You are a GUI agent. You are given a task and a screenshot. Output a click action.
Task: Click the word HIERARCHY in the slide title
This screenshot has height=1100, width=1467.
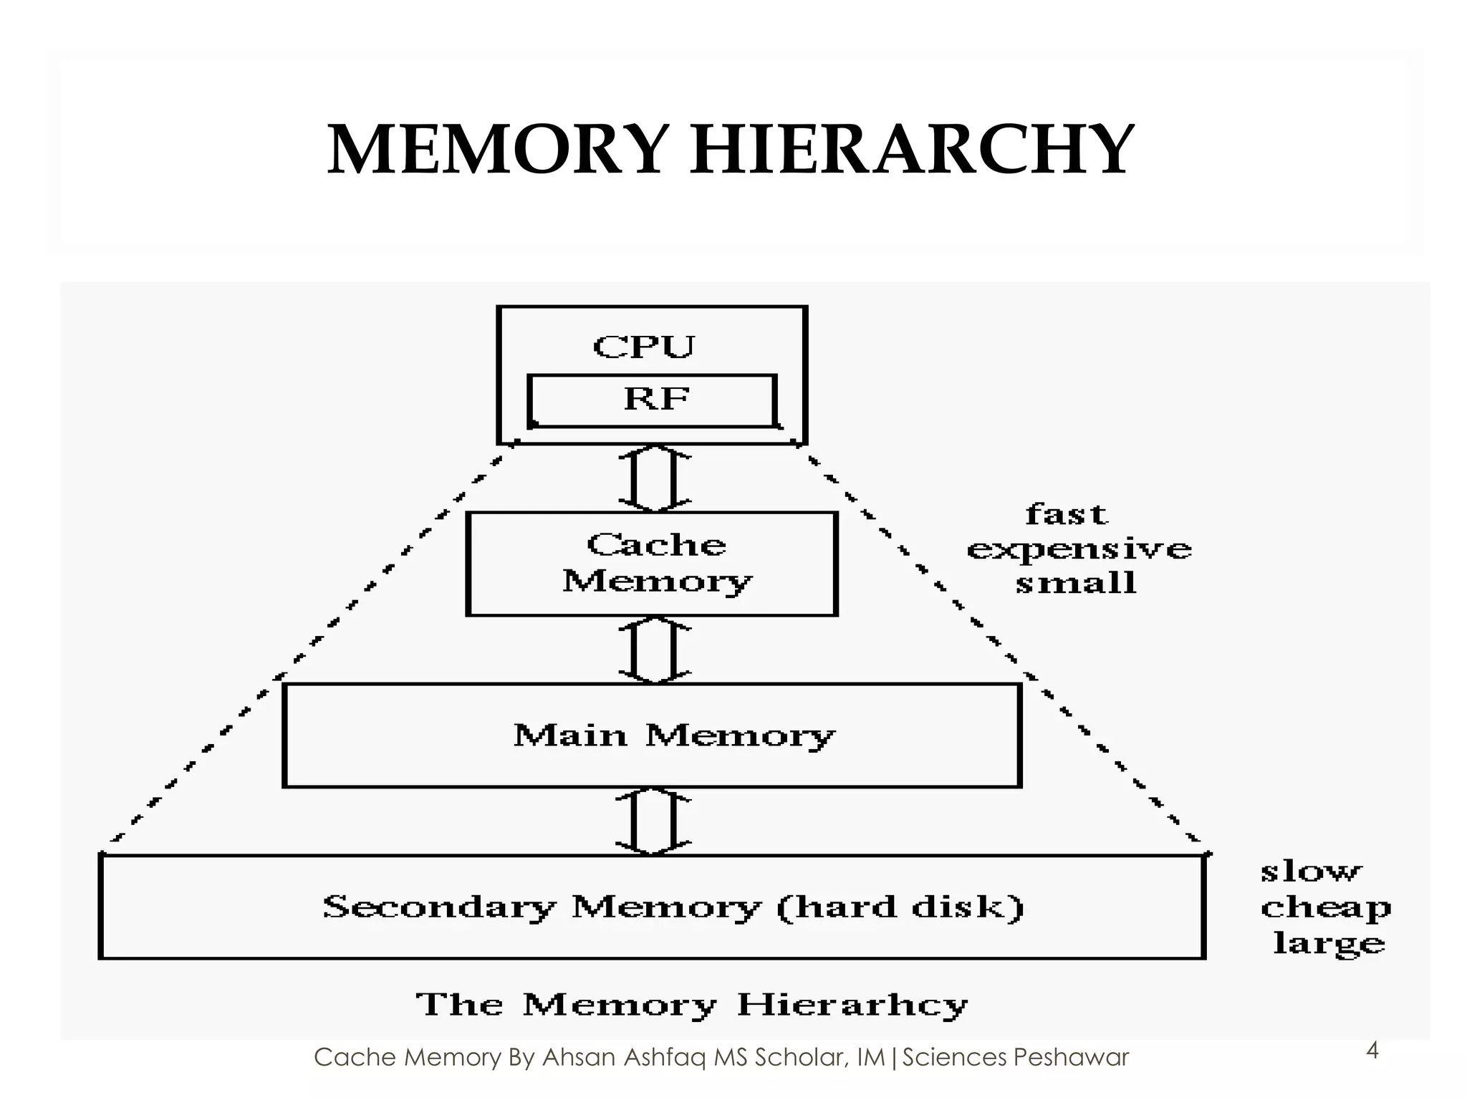[x=911, y=150]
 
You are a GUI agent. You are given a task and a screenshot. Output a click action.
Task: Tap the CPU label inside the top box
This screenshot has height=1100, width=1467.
[x=643, y=347]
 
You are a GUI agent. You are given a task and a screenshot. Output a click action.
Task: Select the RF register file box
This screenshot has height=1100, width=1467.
[x=652, y=400]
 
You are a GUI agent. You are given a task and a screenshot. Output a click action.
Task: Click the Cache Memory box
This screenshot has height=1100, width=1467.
[x=652, y=564]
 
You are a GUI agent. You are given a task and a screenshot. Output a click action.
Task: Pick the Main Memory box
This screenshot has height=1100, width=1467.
[x=652, y=735]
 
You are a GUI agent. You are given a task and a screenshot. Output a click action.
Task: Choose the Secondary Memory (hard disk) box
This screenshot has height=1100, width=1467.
[x=652, y=907]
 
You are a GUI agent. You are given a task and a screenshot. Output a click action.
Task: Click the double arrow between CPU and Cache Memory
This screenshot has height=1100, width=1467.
[x=655, y=478]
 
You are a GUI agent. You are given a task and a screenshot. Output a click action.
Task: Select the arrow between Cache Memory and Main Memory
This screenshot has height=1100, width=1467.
[x=655, y=650]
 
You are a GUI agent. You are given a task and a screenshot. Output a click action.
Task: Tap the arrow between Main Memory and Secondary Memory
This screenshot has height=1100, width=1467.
[x=655, y=821]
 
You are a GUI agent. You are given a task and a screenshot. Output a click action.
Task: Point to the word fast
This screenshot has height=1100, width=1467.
[x=1067, y=514]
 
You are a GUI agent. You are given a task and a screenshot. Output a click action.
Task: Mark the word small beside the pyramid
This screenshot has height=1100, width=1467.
[x=1076, y=583]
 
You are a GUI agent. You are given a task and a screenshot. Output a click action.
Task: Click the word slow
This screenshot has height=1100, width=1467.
[x=1310, y=872]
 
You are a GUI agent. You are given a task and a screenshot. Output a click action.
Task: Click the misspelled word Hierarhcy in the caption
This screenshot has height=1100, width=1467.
[x=852, y=1005]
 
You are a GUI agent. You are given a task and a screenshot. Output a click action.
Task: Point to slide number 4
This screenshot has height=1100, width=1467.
[x=1372, y=1051]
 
